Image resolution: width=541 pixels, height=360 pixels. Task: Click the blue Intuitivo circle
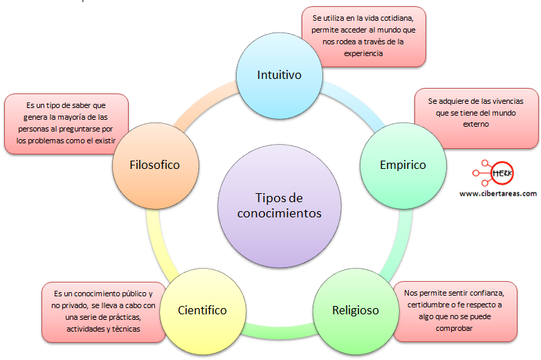pos(279,75)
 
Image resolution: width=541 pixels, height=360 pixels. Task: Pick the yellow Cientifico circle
pos(202,310)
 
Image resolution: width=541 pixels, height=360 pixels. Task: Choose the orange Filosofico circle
pos(154,165)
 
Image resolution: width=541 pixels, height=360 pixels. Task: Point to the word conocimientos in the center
pos(279,213)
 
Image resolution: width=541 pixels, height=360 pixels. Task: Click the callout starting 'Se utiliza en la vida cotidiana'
pos(364,37)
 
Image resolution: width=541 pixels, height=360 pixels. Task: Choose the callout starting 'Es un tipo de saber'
pos(66,123)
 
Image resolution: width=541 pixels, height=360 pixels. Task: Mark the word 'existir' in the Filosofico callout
pos(103,141)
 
